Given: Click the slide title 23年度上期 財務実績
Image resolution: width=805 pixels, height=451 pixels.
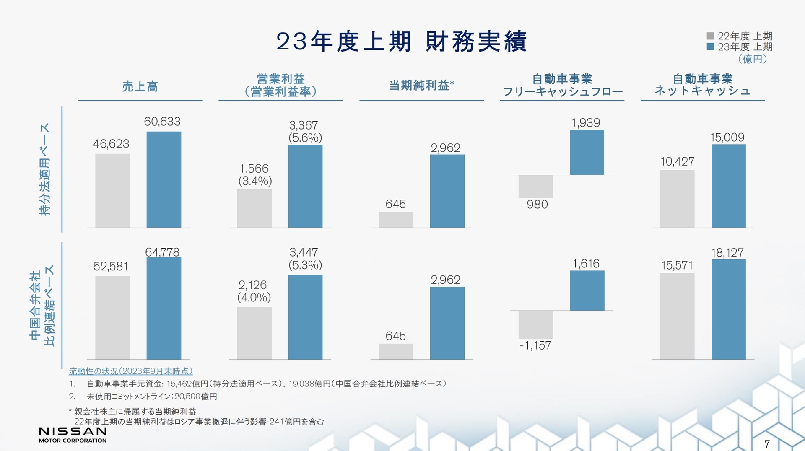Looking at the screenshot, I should point(401,41).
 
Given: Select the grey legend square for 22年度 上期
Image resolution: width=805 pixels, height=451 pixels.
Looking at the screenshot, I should point(710,36).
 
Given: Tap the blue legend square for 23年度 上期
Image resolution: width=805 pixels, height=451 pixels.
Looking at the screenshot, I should point(710,47).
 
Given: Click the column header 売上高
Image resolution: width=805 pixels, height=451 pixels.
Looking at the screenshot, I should point(140,86).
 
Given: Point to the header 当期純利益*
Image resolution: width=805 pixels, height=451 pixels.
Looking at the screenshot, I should point(421,86).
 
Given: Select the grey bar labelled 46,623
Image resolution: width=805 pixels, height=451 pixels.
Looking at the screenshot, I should point(112,191).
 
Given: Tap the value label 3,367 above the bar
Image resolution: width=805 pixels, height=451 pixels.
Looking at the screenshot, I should point(304,125).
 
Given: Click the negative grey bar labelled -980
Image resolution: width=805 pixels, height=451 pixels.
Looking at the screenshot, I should point(535,187).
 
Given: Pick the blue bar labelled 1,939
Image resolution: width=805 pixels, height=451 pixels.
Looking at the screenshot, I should point(587,152).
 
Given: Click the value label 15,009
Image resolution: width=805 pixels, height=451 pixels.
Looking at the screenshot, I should point(727,137).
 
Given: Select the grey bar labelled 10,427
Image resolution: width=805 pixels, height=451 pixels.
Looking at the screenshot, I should point(677,199).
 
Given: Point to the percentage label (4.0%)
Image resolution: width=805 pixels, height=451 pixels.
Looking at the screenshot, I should point(254,298).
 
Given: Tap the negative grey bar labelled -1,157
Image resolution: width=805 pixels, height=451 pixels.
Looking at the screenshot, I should point(535,325).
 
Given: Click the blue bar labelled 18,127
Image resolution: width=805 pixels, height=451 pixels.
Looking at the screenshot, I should point(728,309).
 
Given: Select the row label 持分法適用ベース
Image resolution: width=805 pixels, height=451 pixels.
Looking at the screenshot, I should point(44,169).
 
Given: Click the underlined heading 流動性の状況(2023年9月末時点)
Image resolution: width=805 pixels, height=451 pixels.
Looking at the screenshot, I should point(131,371).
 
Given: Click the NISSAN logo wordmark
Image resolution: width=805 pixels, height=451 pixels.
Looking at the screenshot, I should point(73,431).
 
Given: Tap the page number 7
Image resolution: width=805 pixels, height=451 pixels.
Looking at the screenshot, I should point(767,444).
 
